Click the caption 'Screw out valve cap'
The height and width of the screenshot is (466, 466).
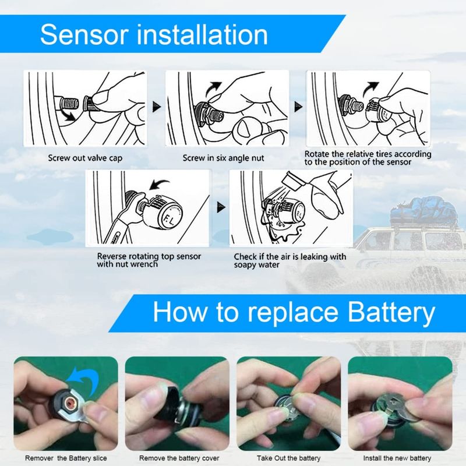pyautogui.click(x=85, y=157)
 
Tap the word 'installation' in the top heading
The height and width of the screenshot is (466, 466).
pyautogui.click(x=204, y=35)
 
